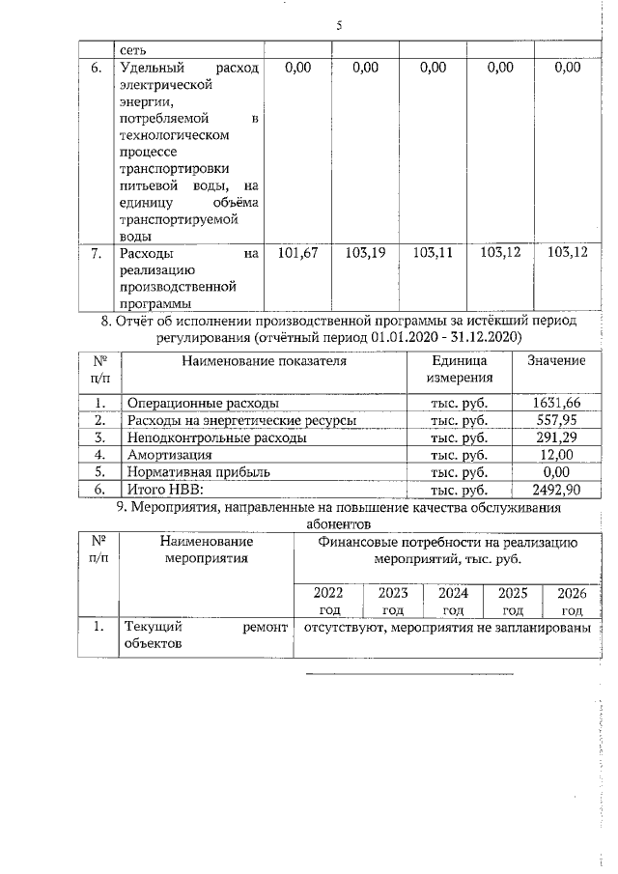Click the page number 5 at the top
click(339, 26)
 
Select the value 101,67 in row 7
click(297, 253)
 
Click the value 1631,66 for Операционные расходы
click(557, 403)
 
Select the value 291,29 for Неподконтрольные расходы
click(560, 437)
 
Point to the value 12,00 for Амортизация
click(563, 455)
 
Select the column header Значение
click(556, 360)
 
